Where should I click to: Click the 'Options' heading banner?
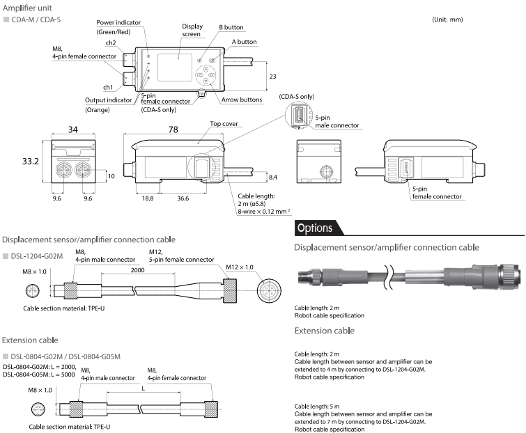315,228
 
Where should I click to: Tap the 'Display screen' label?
192,29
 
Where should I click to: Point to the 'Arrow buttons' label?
241,100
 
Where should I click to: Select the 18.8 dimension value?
148,198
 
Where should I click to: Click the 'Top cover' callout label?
222,123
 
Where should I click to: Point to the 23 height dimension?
274,76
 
